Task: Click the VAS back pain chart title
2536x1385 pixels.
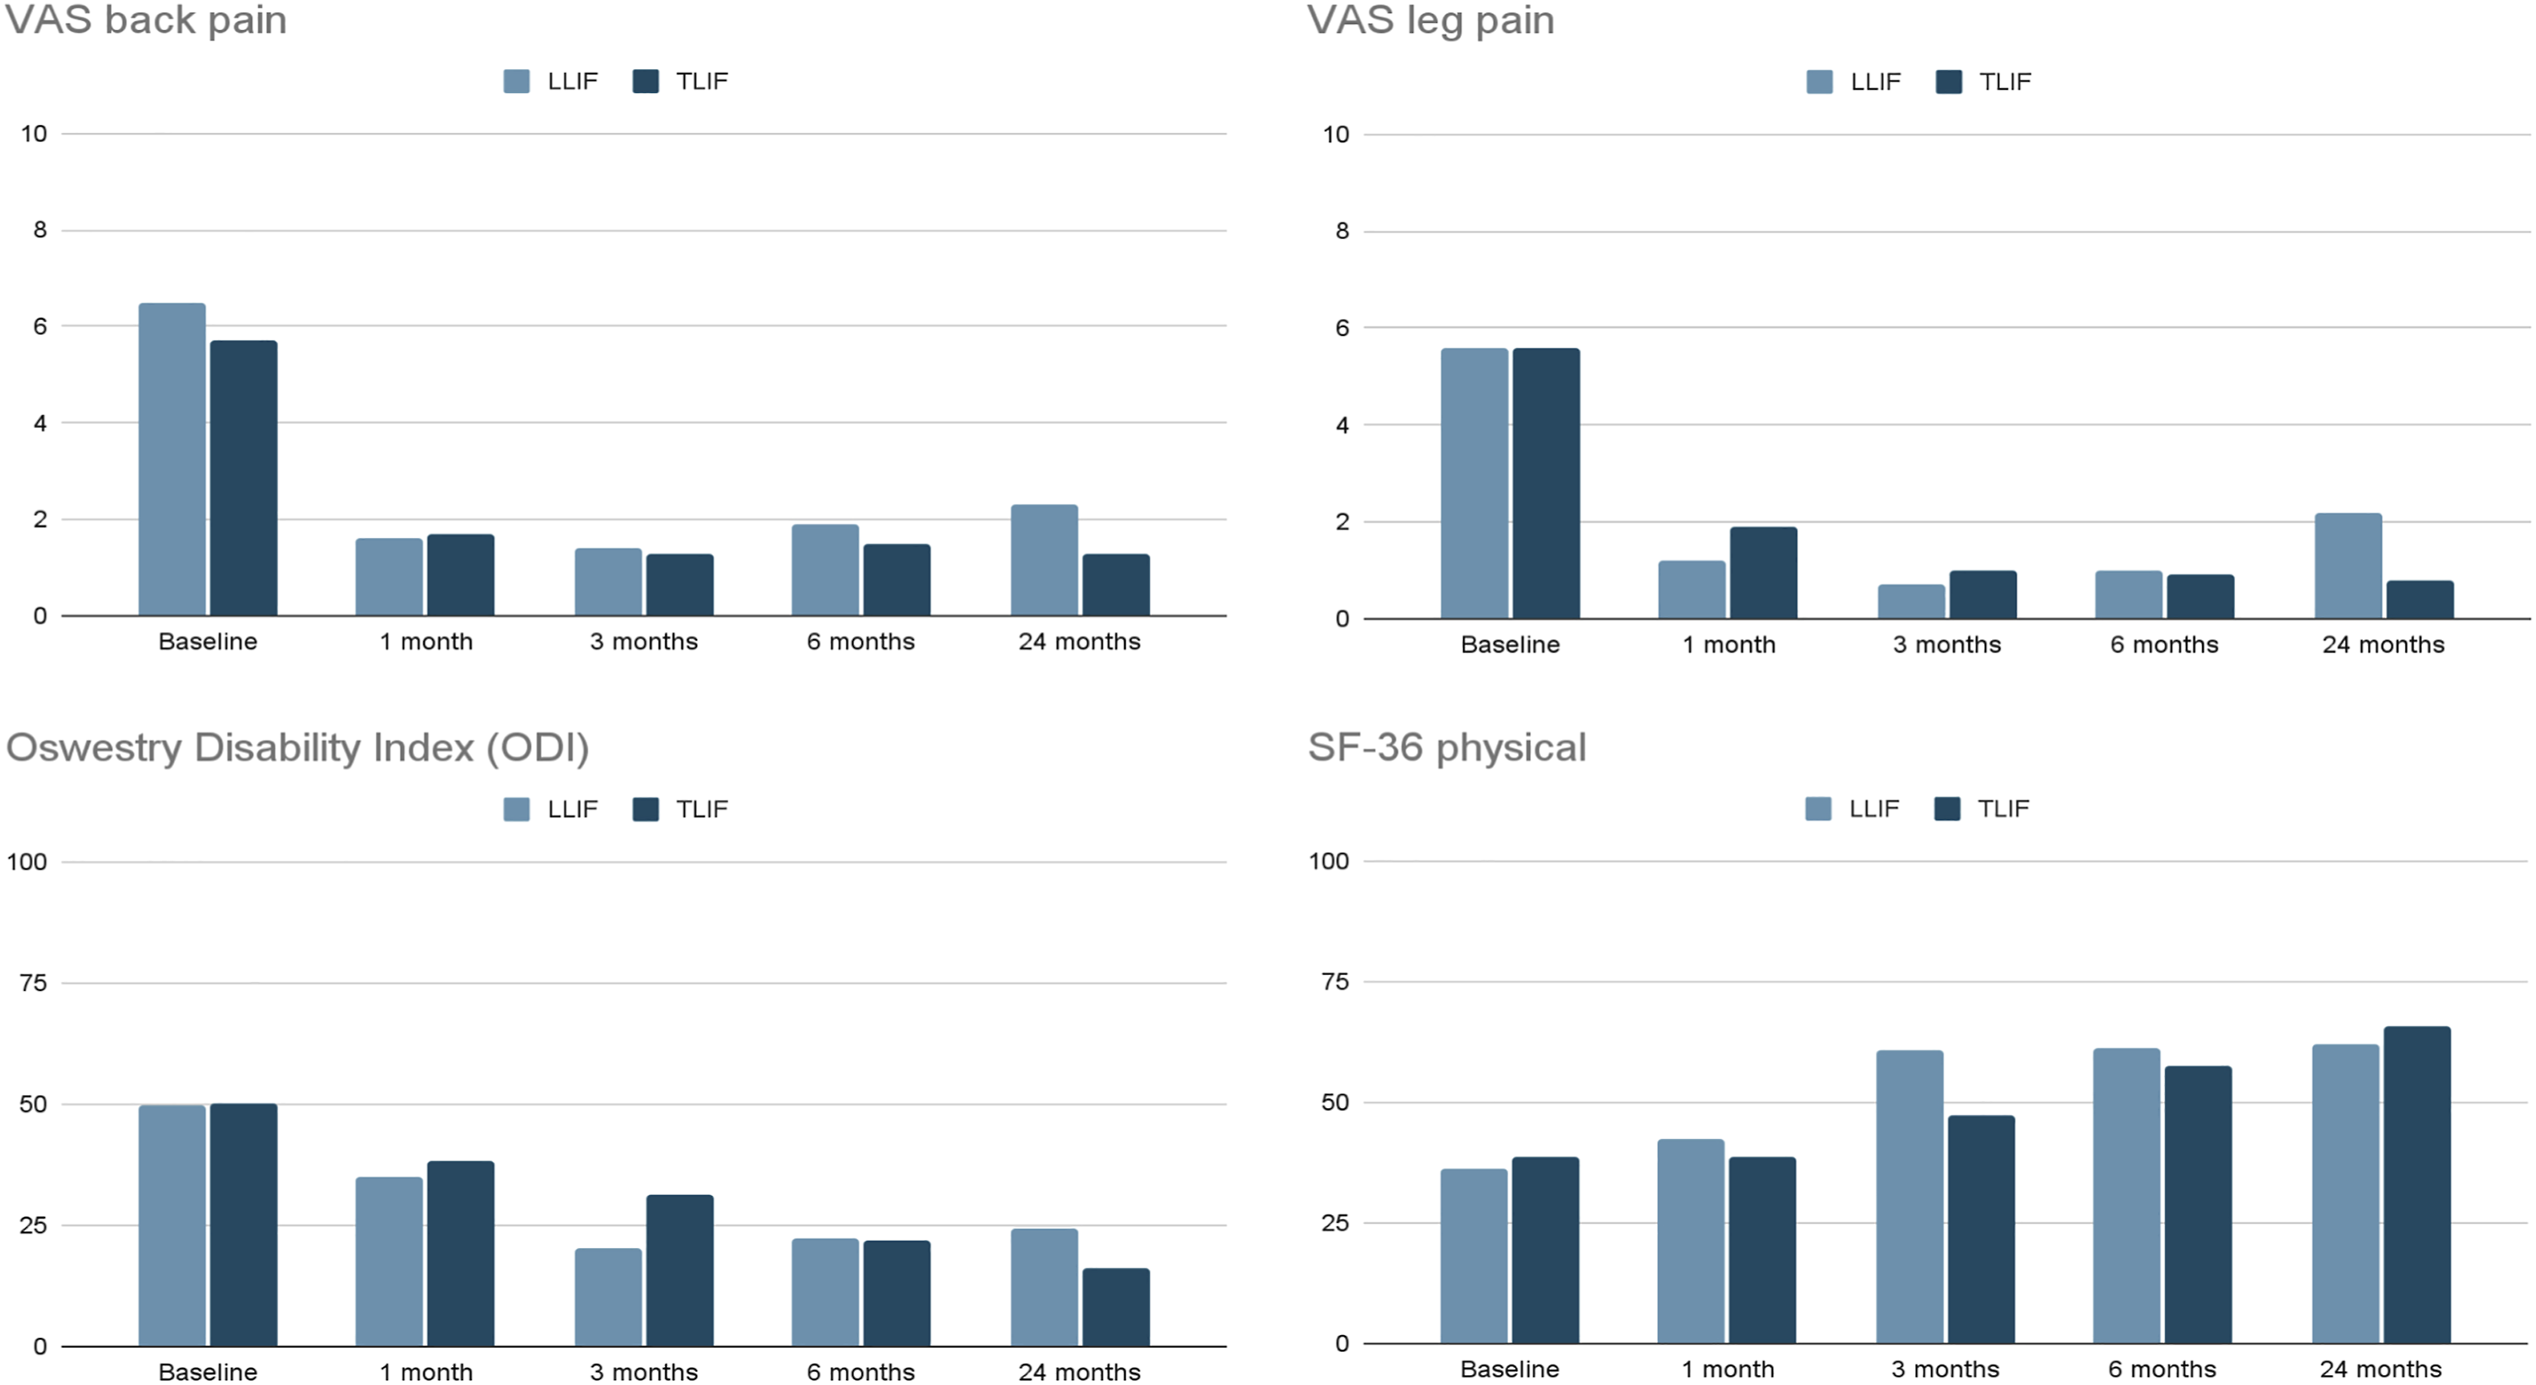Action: tap(145, 19)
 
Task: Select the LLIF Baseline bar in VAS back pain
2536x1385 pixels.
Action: tap(172, 460)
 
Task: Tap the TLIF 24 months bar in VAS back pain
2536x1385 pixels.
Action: tap(1116, 585)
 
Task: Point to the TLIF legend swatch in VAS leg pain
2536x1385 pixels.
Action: tap(1948, 82)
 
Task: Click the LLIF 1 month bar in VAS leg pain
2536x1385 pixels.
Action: tap(1692, 590)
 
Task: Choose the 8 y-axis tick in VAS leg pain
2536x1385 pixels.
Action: tap(1342, 231)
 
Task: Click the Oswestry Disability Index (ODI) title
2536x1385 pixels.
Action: tap(297, 748)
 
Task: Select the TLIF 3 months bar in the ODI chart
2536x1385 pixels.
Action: tap(680, 1271)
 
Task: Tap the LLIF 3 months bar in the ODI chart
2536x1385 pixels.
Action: tap(608, 1297)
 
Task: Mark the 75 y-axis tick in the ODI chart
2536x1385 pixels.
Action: tap(34, 982)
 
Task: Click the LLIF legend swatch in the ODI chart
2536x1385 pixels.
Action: tap(517, 809)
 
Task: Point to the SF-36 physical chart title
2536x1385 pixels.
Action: tap(1447, 748)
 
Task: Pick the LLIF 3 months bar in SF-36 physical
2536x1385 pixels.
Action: tap(1910, 1197)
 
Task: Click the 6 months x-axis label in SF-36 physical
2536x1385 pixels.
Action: tap(2163, 1369)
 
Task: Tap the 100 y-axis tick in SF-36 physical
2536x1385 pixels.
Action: tap(1329, 861)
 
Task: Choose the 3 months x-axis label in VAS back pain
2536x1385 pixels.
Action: tap(644, 642)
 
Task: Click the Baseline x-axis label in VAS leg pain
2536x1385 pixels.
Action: tap(1510, 645)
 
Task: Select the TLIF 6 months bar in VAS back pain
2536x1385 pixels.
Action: tap(897, 580)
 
